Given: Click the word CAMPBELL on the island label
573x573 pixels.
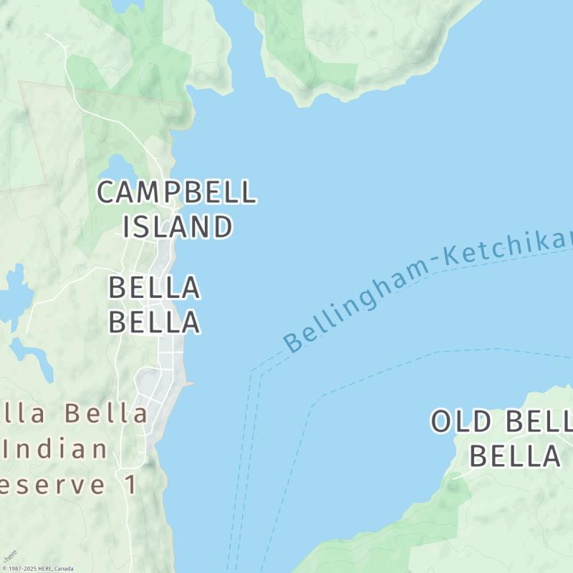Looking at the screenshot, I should tap(176, 193).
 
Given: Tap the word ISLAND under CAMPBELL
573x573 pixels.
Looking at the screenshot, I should tap(178, 227).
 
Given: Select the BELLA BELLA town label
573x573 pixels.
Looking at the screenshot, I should tap(154, 304).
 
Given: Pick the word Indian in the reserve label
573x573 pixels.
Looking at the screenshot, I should tap(56, 450).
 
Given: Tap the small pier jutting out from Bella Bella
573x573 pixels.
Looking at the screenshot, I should tap(189, 385).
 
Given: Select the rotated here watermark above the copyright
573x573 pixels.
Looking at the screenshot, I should tap(9, 556).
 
